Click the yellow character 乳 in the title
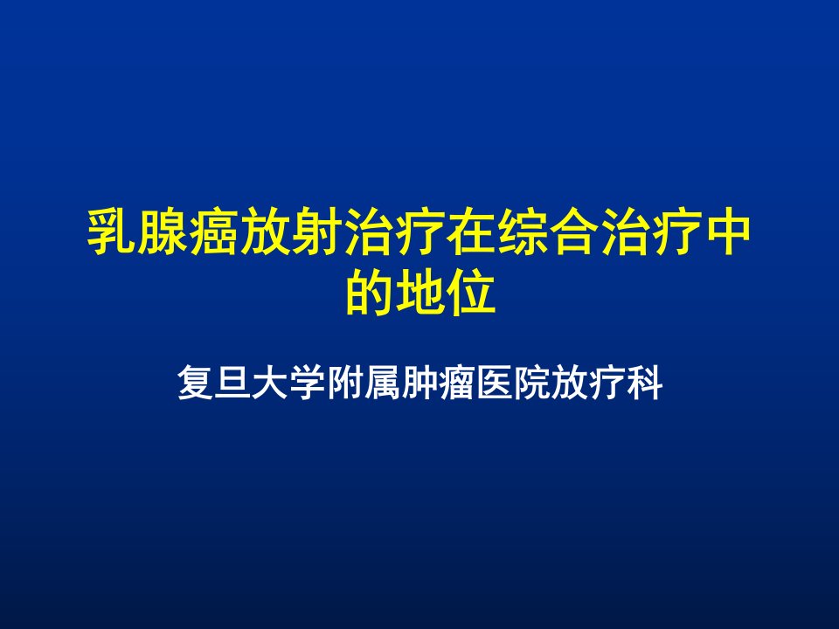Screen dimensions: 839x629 [112, 232]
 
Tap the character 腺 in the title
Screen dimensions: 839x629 [163, 232]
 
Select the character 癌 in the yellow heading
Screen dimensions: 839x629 [215, 232]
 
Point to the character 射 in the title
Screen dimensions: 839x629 [317, 232]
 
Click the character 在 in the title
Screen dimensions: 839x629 [471, 232]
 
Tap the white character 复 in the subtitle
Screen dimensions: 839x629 [195, 383]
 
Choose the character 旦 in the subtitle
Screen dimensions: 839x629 [232, 383]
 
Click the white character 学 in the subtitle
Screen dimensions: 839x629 [308, 383]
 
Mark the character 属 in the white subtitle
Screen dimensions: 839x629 [383, 383]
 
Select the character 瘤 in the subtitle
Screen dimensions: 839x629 [457, 383]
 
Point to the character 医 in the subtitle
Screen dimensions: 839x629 [495, 383]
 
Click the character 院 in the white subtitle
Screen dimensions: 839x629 [532, 383]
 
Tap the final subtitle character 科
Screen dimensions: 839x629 [645, 383]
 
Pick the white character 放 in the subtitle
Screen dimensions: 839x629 [570, 383]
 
